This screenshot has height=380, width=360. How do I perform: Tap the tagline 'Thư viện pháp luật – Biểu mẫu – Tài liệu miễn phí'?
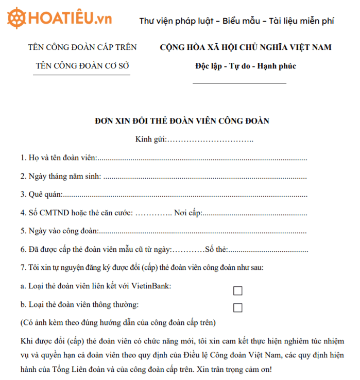236,21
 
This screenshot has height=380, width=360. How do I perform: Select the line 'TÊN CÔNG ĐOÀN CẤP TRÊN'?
82,47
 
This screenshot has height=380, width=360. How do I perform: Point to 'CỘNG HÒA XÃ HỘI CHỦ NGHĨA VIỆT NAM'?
246,47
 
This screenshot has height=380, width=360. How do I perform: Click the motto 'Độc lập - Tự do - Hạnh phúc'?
246,66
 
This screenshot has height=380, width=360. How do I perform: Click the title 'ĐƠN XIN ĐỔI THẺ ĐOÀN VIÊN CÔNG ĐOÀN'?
182,121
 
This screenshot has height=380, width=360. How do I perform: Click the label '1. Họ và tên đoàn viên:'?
59,158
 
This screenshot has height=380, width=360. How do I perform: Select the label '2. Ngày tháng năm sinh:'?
60,176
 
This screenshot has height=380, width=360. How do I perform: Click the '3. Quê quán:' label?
42,194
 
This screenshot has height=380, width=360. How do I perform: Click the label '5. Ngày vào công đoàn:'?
59,231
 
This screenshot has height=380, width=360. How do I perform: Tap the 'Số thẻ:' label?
216,250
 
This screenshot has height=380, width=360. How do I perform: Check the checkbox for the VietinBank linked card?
237,291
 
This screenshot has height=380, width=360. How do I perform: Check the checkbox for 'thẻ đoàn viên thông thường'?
237,308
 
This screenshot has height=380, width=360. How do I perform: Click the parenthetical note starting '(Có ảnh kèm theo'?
118,323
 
